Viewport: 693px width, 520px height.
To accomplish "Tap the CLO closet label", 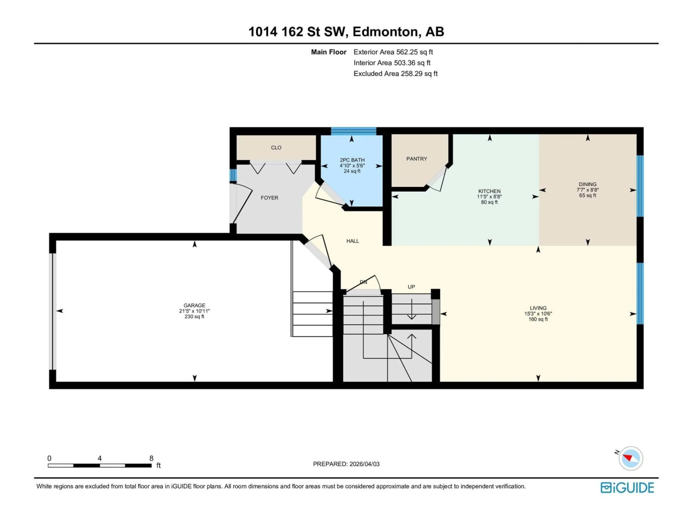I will (x=276, y=148).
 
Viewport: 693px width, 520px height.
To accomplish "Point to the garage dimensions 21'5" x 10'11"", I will (x=194, y=311).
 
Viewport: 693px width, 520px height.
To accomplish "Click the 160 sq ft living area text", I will (x=538, y=319).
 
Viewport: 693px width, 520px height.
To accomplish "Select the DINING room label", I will (x=587, y=184).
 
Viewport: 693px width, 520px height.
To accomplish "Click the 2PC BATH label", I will (x=352, y=160).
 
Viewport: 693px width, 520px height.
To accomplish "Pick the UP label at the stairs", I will (x=411, y=287).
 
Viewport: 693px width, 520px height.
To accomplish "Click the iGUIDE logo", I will (x=627, y=488).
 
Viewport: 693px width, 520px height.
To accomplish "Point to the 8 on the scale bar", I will (x=151, y=458).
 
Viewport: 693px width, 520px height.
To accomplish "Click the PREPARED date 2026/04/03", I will (x=346, y=464).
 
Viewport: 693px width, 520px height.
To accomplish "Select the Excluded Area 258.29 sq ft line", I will (x=395, y=74).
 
